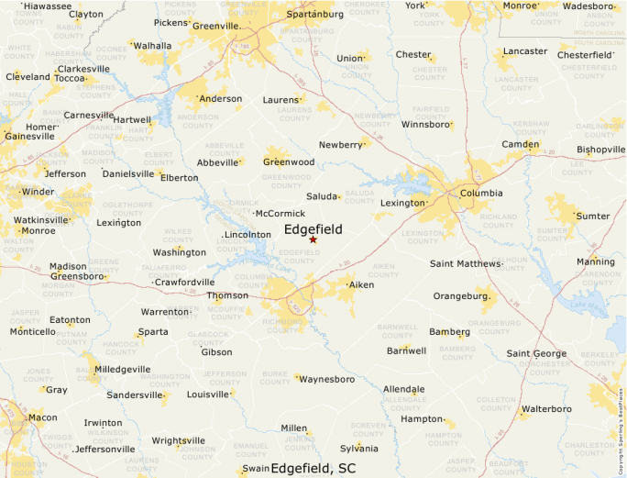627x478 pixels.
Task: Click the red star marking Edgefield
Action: tap(313, 239)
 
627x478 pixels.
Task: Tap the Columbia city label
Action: tap(480, 194)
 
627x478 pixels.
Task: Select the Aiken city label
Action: tap(362, 285)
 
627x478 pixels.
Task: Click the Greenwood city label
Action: tap(289, 161)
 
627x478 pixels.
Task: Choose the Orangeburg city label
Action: tap(460, 296)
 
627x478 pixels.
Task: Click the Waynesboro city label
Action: tap(327, 378)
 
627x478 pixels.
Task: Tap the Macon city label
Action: tap(42, 417)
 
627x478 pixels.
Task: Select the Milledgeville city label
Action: tap(123, 369)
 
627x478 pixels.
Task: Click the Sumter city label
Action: tap(592, 216)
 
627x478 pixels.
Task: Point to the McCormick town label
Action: tap(280, 214)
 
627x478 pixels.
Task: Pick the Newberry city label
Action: tap(340, 145)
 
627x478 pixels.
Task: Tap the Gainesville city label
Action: tap(28, 137)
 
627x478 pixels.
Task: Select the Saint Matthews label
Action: tap(466, 264)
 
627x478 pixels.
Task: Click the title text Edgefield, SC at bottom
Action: tap(313, 468)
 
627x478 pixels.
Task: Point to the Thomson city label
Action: tap(227, 295)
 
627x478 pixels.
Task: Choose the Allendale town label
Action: tap(403, 389)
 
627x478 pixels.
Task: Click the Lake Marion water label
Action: tap(588, 305)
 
